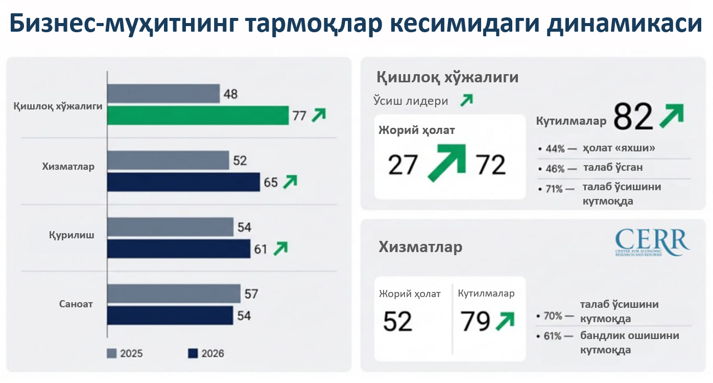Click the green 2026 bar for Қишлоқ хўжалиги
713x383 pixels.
[198, 115]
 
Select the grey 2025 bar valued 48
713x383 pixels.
[163, 94]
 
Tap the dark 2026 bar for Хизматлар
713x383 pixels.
[183, 182]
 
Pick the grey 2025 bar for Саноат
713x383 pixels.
[174, 294]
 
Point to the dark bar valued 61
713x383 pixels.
[179, 249]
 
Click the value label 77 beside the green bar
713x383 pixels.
[299, 116]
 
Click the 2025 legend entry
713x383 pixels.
[125, 353]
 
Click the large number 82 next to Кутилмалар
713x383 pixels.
[633, 117]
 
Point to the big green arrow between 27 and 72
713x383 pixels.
[447, 163]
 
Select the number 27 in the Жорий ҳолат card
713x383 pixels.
[403, 165]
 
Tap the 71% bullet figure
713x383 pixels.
[554, 189]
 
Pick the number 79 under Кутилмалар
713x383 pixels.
[476, 321]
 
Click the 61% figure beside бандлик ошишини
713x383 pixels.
[552, 336]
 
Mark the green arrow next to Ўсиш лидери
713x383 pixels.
[466, 100]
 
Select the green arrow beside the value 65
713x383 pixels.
[290, 182]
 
